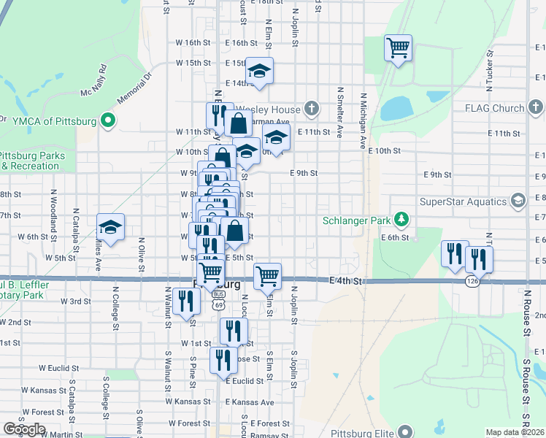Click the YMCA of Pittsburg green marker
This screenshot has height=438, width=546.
[x=108, y=120]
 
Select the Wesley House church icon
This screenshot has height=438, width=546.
[x=312, y=109]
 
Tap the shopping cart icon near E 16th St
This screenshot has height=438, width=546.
[x=398, y=48]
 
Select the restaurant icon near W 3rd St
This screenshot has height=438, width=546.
[x=187, y=300]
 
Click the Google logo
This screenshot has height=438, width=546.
[x=24, y=429]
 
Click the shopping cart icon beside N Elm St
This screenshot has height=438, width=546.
[x=267, y=276]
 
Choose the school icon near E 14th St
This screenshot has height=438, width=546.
[x=259, y=71]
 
